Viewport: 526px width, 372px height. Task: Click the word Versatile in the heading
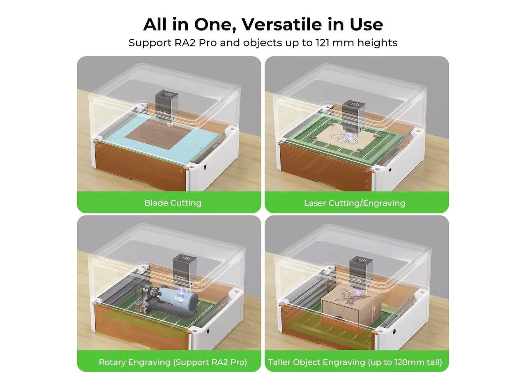(282, 24)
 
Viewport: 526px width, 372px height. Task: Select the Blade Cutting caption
(173, 203)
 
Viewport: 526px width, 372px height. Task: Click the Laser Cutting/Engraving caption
(355, 203)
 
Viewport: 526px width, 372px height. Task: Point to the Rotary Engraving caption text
(173, 362)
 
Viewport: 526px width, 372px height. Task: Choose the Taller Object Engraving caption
(355, 362)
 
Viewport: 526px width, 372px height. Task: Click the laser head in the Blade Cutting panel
(166, 107)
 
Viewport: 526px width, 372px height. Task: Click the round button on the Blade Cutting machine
(205, 167)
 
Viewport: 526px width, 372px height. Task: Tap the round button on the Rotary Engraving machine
(208, 331)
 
